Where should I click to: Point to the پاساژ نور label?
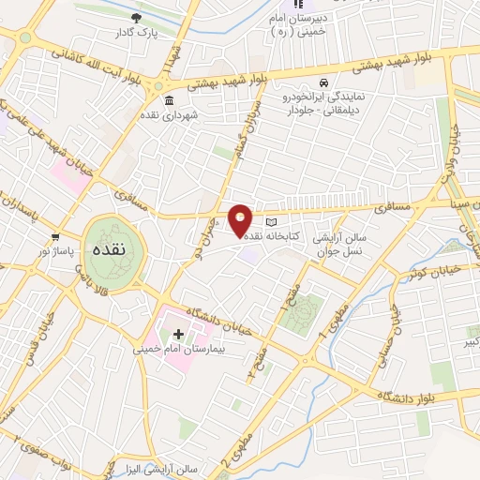pyautogui.click(x=54, y=251)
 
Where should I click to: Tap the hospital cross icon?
pyautogui.click(x=178, y=334)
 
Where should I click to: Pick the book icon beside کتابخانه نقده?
pyautogui.click(x=272, y=222)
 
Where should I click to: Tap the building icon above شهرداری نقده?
pyautogui.click(x=169, y=101)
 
